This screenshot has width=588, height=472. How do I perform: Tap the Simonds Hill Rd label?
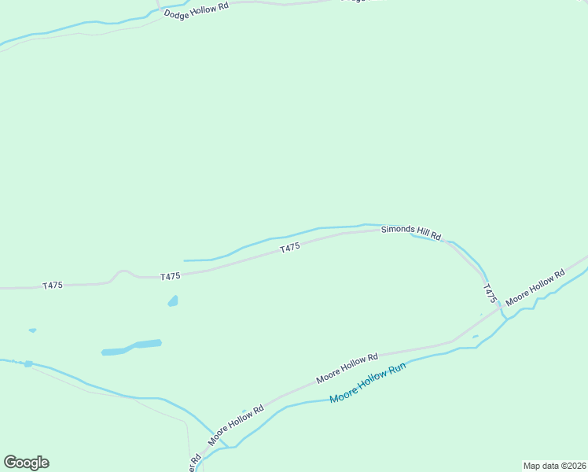coord(411,232)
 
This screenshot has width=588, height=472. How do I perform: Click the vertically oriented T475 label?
coord(491,293)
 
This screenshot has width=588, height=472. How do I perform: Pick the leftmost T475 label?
coord(53,286)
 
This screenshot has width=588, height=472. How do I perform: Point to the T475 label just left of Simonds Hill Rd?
coord(290,248)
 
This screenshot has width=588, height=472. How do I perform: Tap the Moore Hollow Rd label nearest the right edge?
coord(535,288)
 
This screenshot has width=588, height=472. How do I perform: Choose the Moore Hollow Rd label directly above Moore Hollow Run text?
coord(347,368)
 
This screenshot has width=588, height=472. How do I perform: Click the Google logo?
coord(26,463)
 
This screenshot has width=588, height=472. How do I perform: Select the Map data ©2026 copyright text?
coord(554,466)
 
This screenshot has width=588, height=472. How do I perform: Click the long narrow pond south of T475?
coord(131,347)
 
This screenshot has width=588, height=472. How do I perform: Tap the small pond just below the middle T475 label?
coord(173,301)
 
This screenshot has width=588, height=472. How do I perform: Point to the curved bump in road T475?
coord(120,273)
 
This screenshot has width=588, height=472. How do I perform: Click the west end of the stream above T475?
coord(186,260)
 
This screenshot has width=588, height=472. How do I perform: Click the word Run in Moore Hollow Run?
coord(395,372)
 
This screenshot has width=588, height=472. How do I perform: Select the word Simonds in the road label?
coord(396,230)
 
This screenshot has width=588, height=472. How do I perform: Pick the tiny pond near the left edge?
coord(32,330)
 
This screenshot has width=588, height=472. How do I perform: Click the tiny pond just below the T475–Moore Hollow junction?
coord(476,337)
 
